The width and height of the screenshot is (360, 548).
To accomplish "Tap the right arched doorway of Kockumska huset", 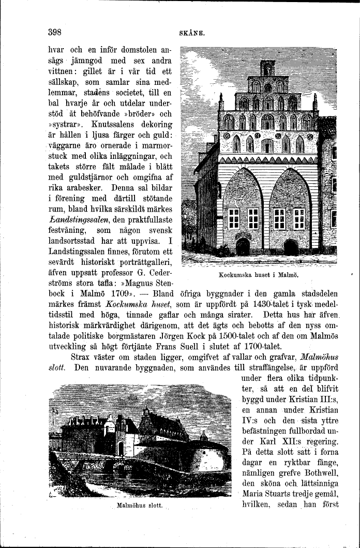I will (x=291, y=247).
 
